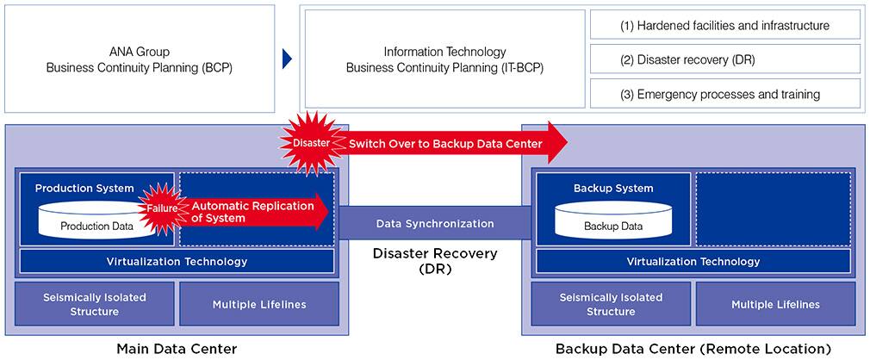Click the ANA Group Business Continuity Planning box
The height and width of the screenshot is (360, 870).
[x=139, y=59]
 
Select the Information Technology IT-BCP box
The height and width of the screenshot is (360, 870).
[x=444, y=59]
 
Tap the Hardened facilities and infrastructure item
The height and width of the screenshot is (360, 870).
[x=724, y=26]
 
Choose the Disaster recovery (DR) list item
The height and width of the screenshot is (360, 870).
[x=724, y=59]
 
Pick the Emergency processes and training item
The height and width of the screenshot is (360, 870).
[x=724, y=93]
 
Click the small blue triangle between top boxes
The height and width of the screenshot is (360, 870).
[x=287, y=59]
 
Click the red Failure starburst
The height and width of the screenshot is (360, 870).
[x=162, y=207]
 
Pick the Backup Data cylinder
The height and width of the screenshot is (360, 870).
[x=612, y=221]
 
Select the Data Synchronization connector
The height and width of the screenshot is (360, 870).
[x=435, y=223]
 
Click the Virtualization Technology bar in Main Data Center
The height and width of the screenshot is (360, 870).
[x=177, y=261]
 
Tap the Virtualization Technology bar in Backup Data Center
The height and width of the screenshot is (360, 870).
[x=693, y=261]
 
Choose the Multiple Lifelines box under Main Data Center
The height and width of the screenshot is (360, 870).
[x=258, y=304]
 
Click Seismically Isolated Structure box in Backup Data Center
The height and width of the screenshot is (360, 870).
[x=611, y=304]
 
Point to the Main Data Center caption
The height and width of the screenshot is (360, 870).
[x=176, y=349]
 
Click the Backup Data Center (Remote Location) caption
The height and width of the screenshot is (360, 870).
[x=693, y=349]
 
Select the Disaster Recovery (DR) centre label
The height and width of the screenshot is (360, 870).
[x=435, y=260]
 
